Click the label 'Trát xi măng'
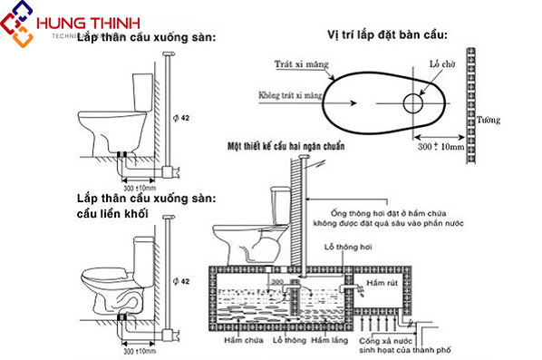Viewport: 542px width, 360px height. [x=298, y=64]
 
